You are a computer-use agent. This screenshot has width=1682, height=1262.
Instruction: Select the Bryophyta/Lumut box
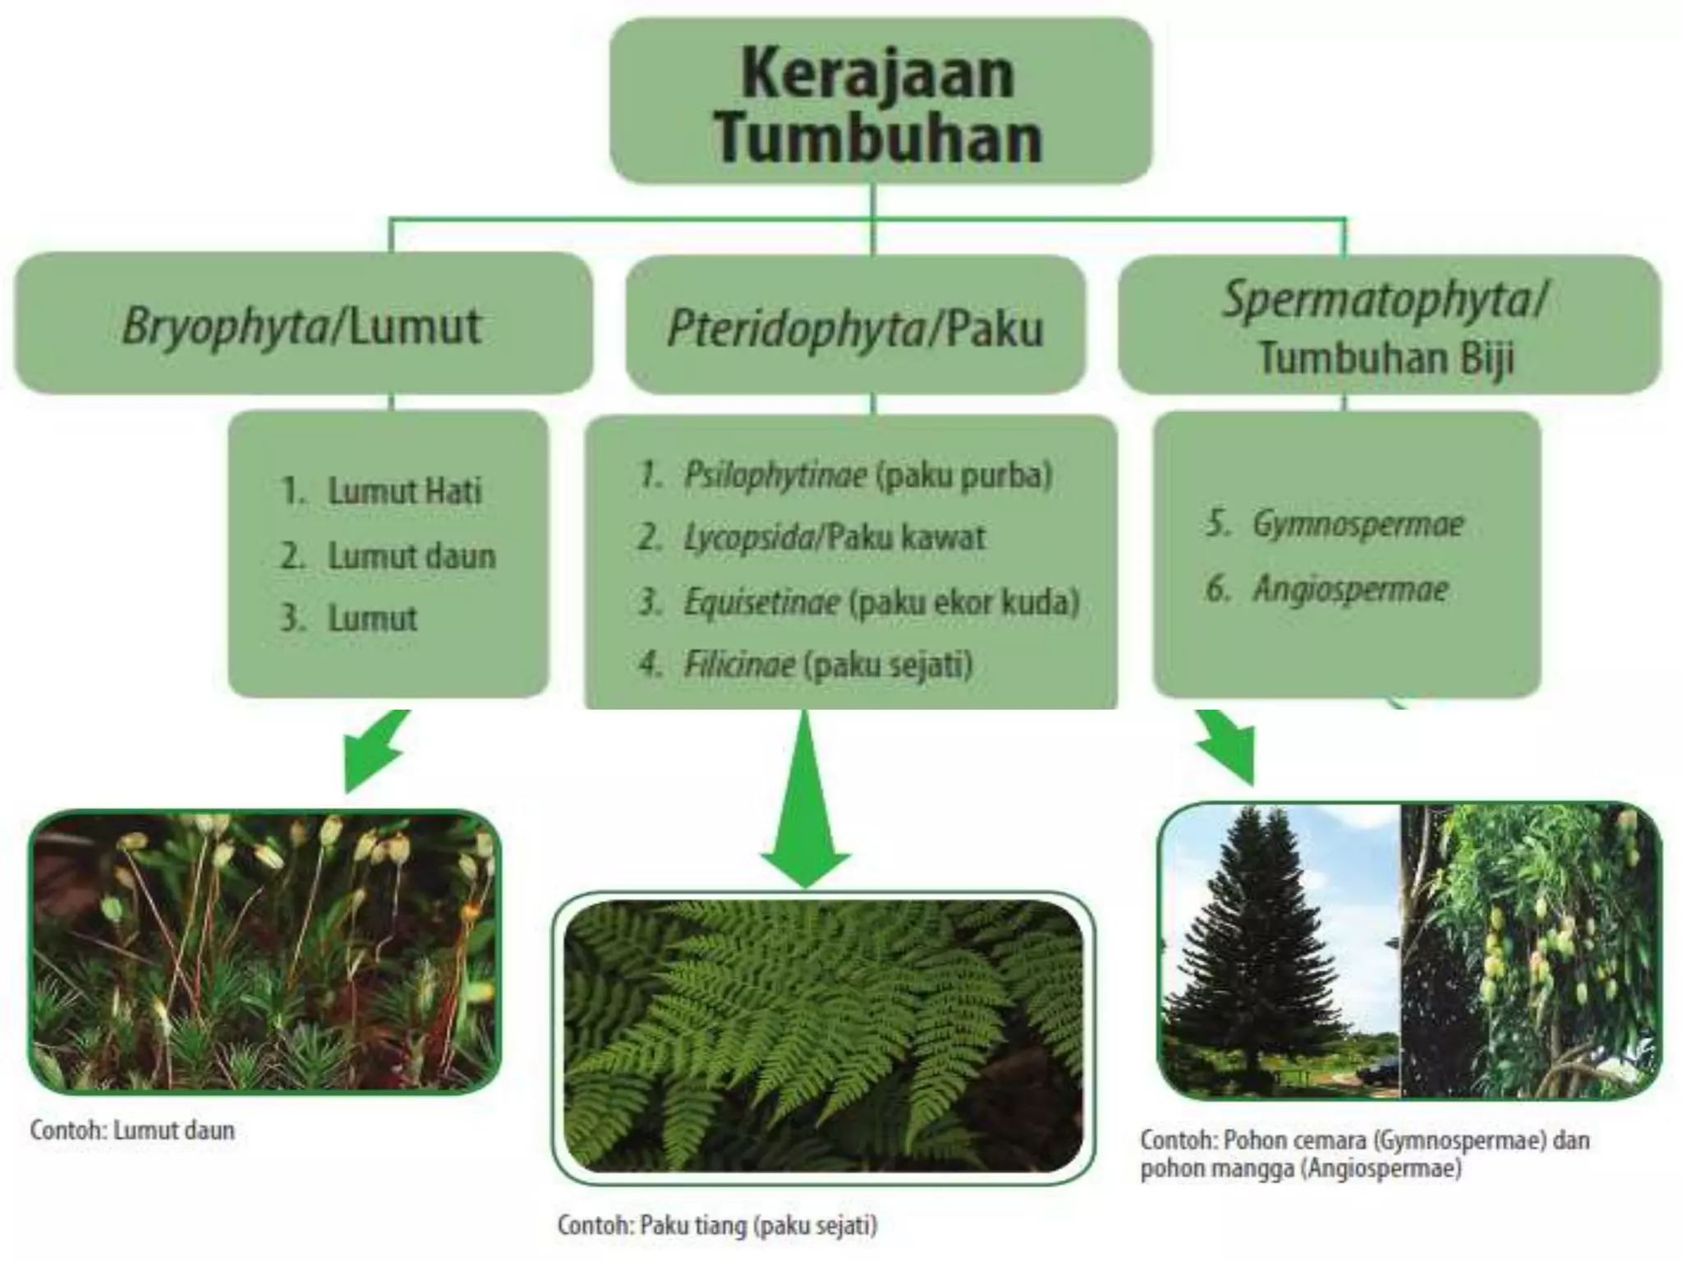coord(302,325)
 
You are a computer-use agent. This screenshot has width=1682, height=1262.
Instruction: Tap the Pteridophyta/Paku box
coord(854,328)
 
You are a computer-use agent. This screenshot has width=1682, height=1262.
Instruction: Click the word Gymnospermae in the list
coord(1358,524)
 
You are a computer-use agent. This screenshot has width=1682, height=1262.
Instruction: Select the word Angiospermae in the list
coord(1349,589)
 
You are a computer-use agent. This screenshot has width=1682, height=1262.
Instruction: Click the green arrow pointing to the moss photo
coord(375,751)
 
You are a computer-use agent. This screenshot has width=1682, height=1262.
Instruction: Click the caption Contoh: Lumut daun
coord(132,1131)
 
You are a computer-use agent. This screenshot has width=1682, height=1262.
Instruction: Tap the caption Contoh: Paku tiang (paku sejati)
coord(717,1225)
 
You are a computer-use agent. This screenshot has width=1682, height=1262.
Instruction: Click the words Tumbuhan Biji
coord(1386,358)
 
